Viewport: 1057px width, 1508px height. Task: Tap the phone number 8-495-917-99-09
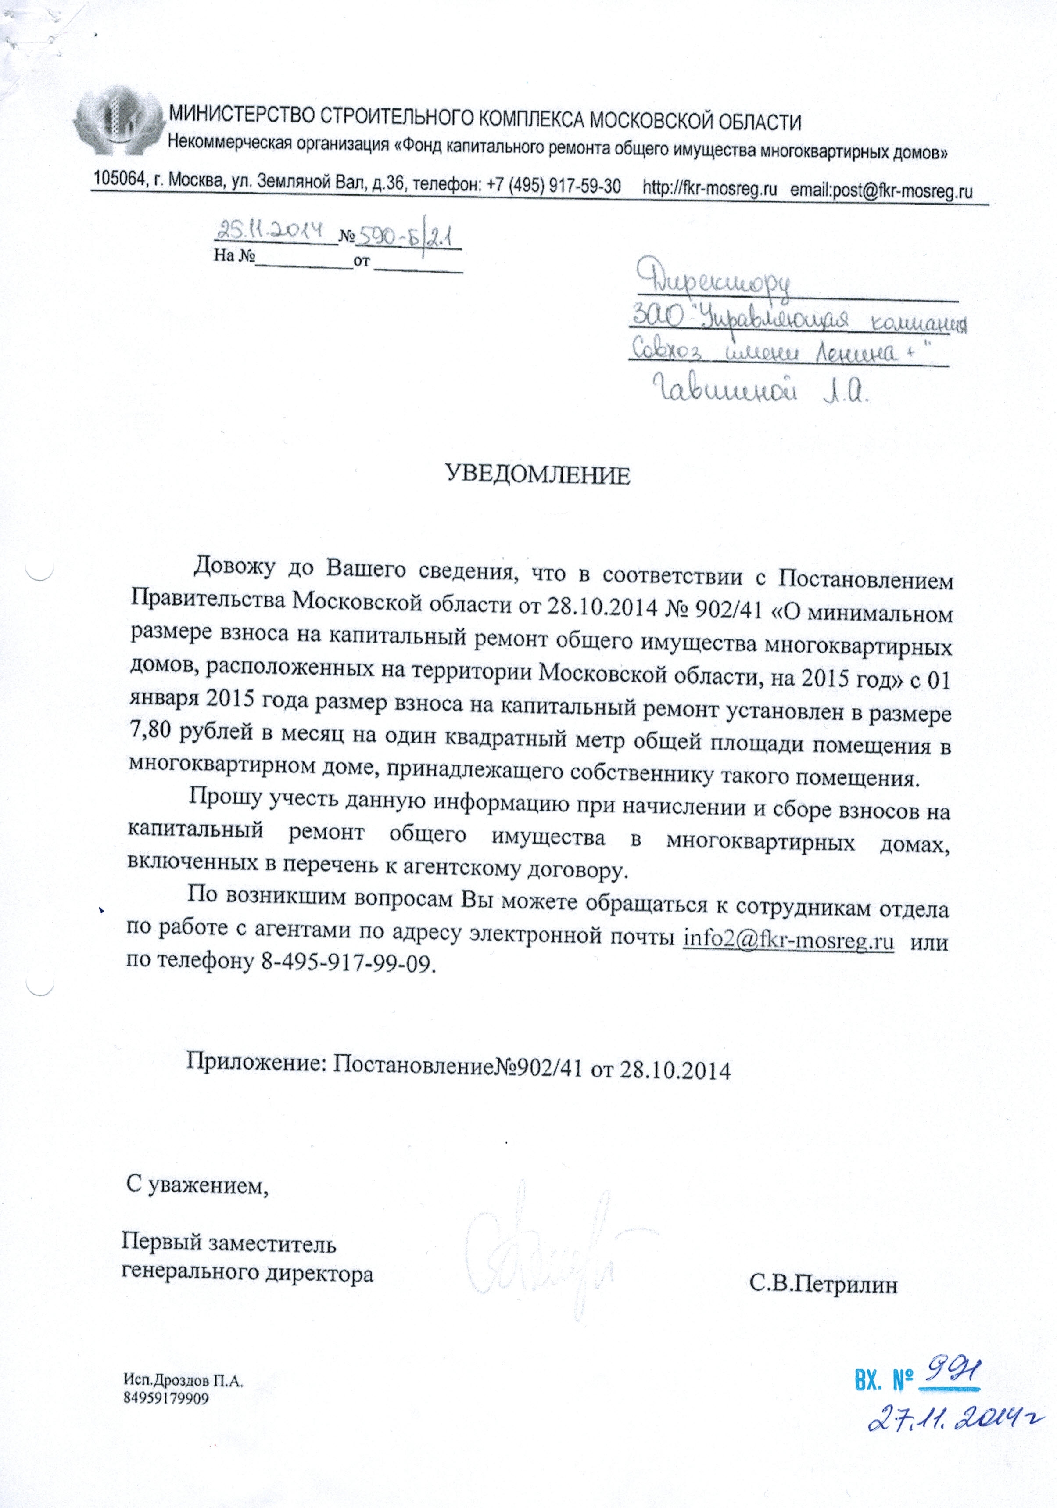click(x=348, y=963)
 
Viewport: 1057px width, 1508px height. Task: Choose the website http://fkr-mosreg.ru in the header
click(x=709, y=189)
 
